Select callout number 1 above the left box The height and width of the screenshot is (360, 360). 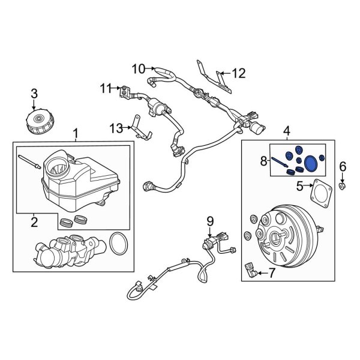tap(75, 131)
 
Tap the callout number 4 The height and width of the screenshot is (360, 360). tap(286, 130)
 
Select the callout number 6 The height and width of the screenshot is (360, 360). tap(343, 166)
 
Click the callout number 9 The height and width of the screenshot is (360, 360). tap(210, 221)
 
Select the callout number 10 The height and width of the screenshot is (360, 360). tap(139, 69)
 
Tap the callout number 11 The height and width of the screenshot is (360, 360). tap(106, 89)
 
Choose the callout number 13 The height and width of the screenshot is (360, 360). tap(116, 127)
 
